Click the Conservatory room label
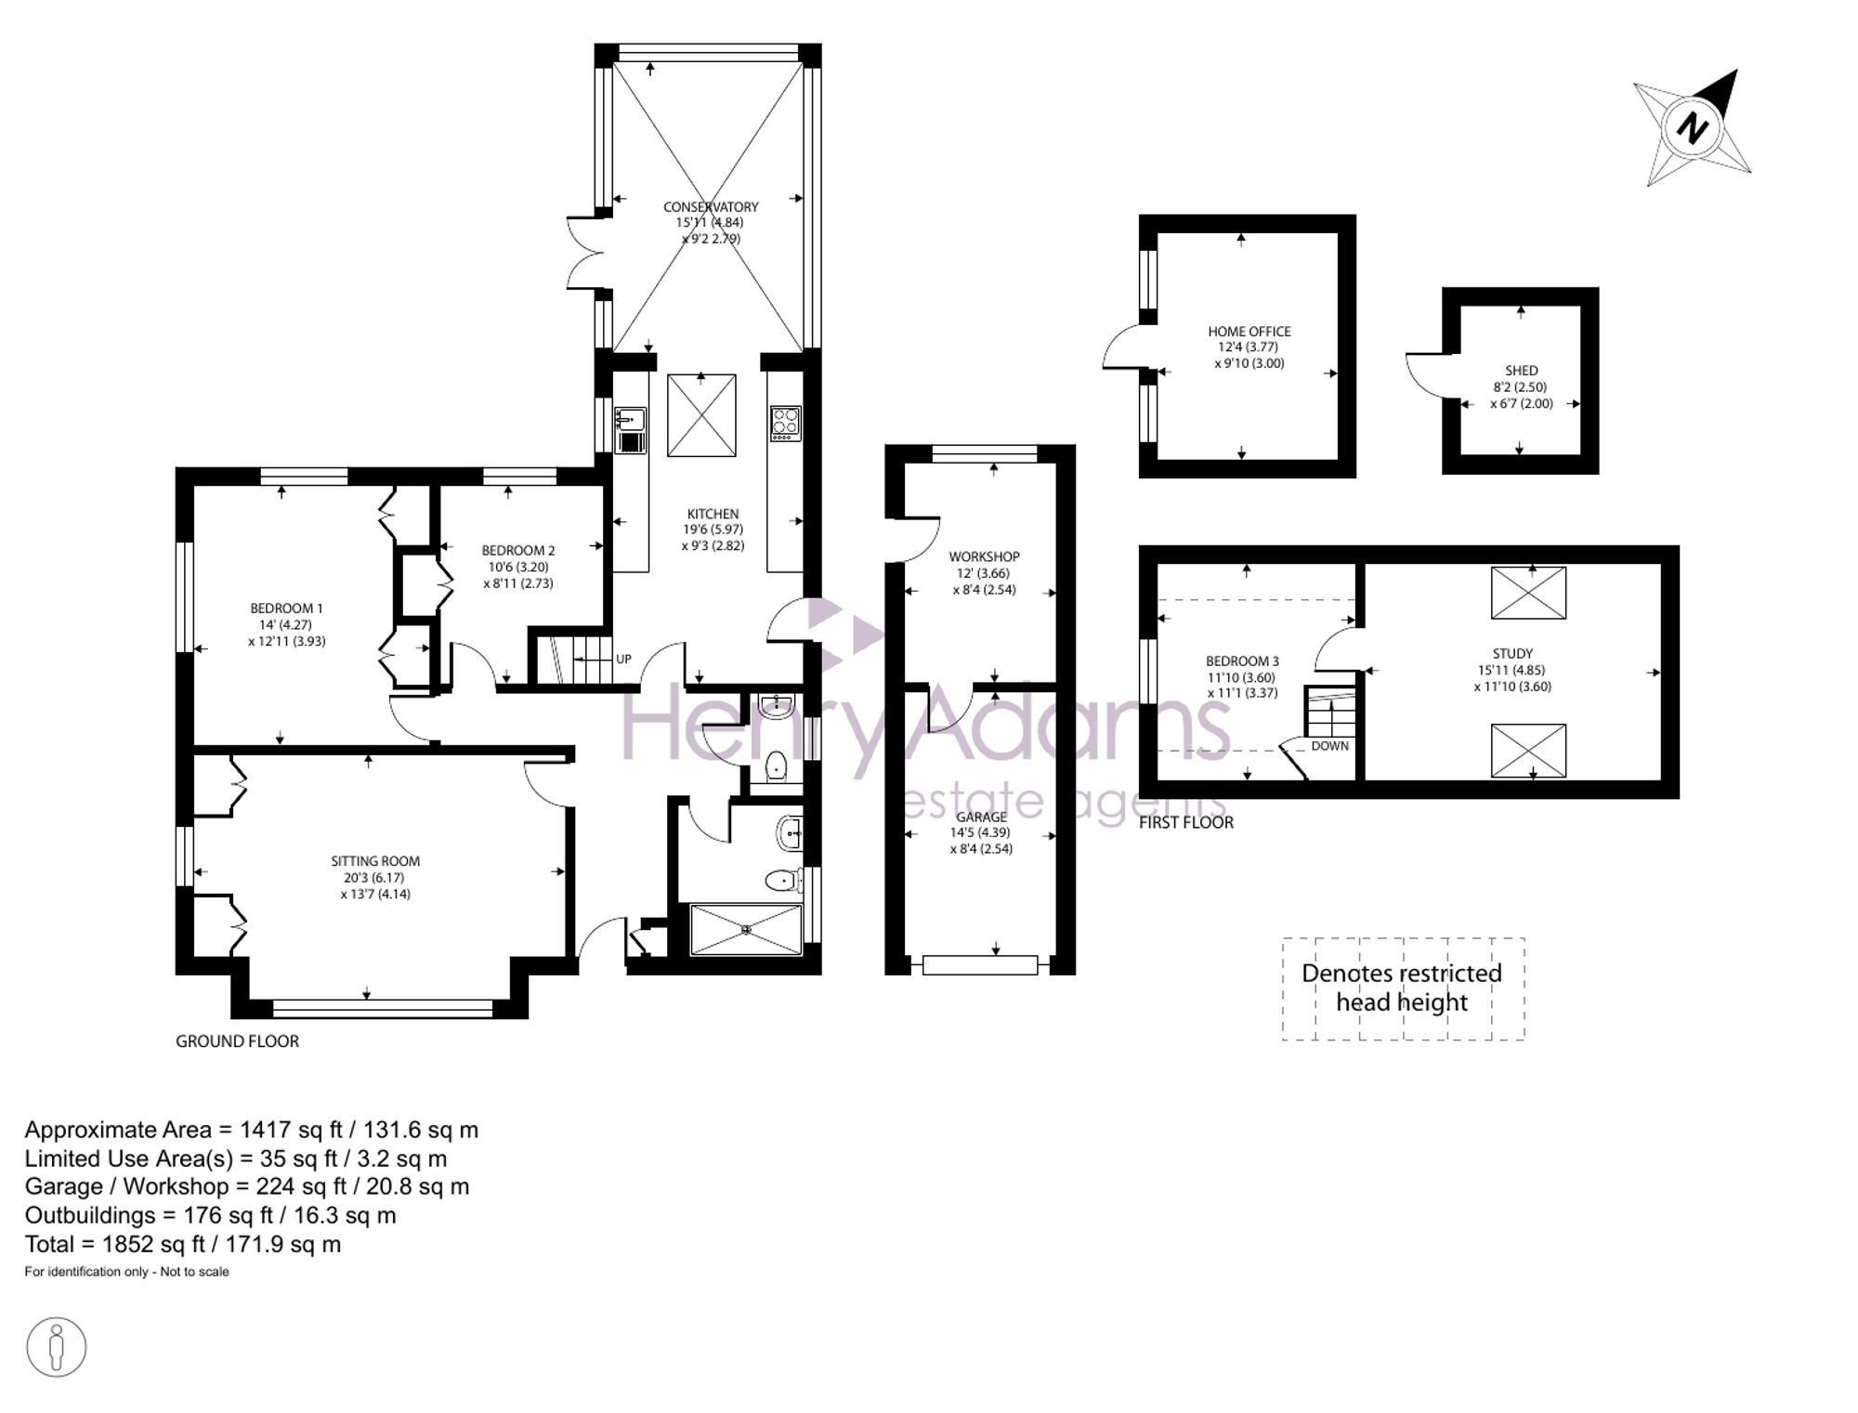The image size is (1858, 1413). (711, 207)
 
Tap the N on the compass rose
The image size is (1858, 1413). (1693, 128)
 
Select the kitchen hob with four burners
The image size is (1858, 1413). (786, 424)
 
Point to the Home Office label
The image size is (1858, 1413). (1250, 332)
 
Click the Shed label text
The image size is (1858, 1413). (1522, 371)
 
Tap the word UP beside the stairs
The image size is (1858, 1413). (623, 660)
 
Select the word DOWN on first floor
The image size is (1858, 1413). (1330, 746)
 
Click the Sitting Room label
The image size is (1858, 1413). (375, 861)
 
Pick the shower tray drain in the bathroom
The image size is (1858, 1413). (746, 928)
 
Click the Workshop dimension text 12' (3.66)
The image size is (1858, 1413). (984, 573)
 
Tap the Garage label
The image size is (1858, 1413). (981, 818)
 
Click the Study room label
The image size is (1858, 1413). (1512, 654)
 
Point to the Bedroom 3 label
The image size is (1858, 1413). (1243, 661)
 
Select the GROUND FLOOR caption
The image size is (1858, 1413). (238, 1041)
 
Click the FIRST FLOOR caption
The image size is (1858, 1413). (1186, 822)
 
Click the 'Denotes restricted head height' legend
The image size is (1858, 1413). (1403, 988)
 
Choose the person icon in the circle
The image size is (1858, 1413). (57, 1348)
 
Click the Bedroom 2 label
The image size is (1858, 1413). (518, 551)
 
